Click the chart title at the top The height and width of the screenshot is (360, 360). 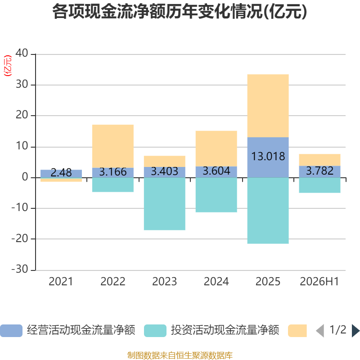(x=180, y=12)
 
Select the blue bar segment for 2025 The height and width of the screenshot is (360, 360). (x=268, y=157)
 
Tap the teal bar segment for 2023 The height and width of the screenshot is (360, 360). (x=165, y=204)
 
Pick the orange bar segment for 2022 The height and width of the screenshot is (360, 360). (x=113, y=146)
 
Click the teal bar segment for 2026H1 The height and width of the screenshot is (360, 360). (x=319, y=185)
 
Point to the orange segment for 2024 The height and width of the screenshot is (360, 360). (x=216, y=148)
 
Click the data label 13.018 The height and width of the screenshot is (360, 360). (x=268, y=156)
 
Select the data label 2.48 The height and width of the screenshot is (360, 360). (x=61, y=172)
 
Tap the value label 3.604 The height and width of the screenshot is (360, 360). (x=216, y=171)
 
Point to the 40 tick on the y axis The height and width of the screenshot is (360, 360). (x=22, y=53)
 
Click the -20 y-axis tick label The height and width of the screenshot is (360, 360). (x=20, y=239)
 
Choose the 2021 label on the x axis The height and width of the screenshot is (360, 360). (x=61, y=282)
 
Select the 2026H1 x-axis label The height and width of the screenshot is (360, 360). (x=319, y=282)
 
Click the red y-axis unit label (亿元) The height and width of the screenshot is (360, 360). (x=8, y=66)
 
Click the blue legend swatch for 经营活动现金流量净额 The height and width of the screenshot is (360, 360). (x=11, y=331)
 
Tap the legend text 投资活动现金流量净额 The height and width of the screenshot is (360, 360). (x=225, y=330)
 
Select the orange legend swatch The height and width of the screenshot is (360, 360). (x=297, y=331)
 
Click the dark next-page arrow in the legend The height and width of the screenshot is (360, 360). (x=355, y=331)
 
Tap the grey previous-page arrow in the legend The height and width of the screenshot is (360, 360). (x=320, y=331)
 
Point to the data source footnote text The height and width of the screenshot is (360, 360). (x=180, y=355)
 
